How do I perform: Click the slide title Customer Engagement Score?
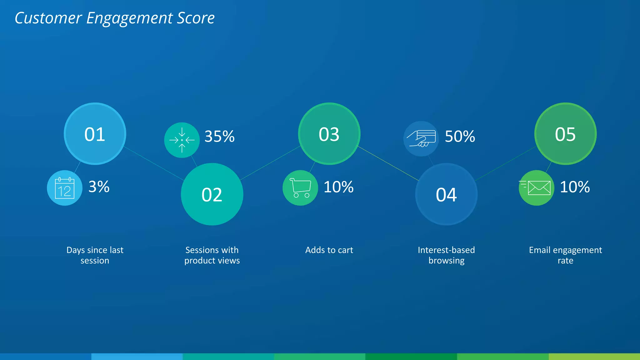(x=115, y=18)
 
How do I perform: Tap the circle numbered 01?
(x=95, y=134)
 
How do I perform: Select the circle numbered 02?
(x=212, y=194)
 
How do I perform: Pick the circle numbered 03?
(x=329, y=134)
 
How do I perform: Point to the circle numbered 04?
(x=446, y=194)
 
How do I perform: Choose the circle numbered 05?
(x=565, y=134)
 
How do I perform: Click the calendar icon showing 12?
(x=65, y=188)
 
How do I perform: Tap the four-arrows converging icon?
(x=182, y=140)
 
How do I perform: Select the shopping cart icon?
(x=300, y=188)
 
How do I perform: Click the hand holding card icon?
(x=421, y=138)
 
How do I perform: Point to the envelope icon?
(x=537, y=188)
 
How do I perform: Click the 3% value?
(x=99, y=187)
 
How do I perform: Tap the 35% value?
(x=219, y=137)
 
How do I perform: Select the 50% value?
(x=460, y=137)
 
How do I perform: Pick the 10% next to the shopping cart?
(x=338, y=187)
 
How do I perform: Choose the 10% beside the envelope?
(x=575, y=187)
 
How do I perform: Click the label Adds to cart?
(x=329, y=250)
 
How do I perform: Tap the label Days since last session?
(x=95, y=255)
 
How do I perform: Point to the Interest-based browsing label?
(x=446, y=255)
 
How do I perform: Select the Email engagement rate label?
(x=565, y=255)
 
